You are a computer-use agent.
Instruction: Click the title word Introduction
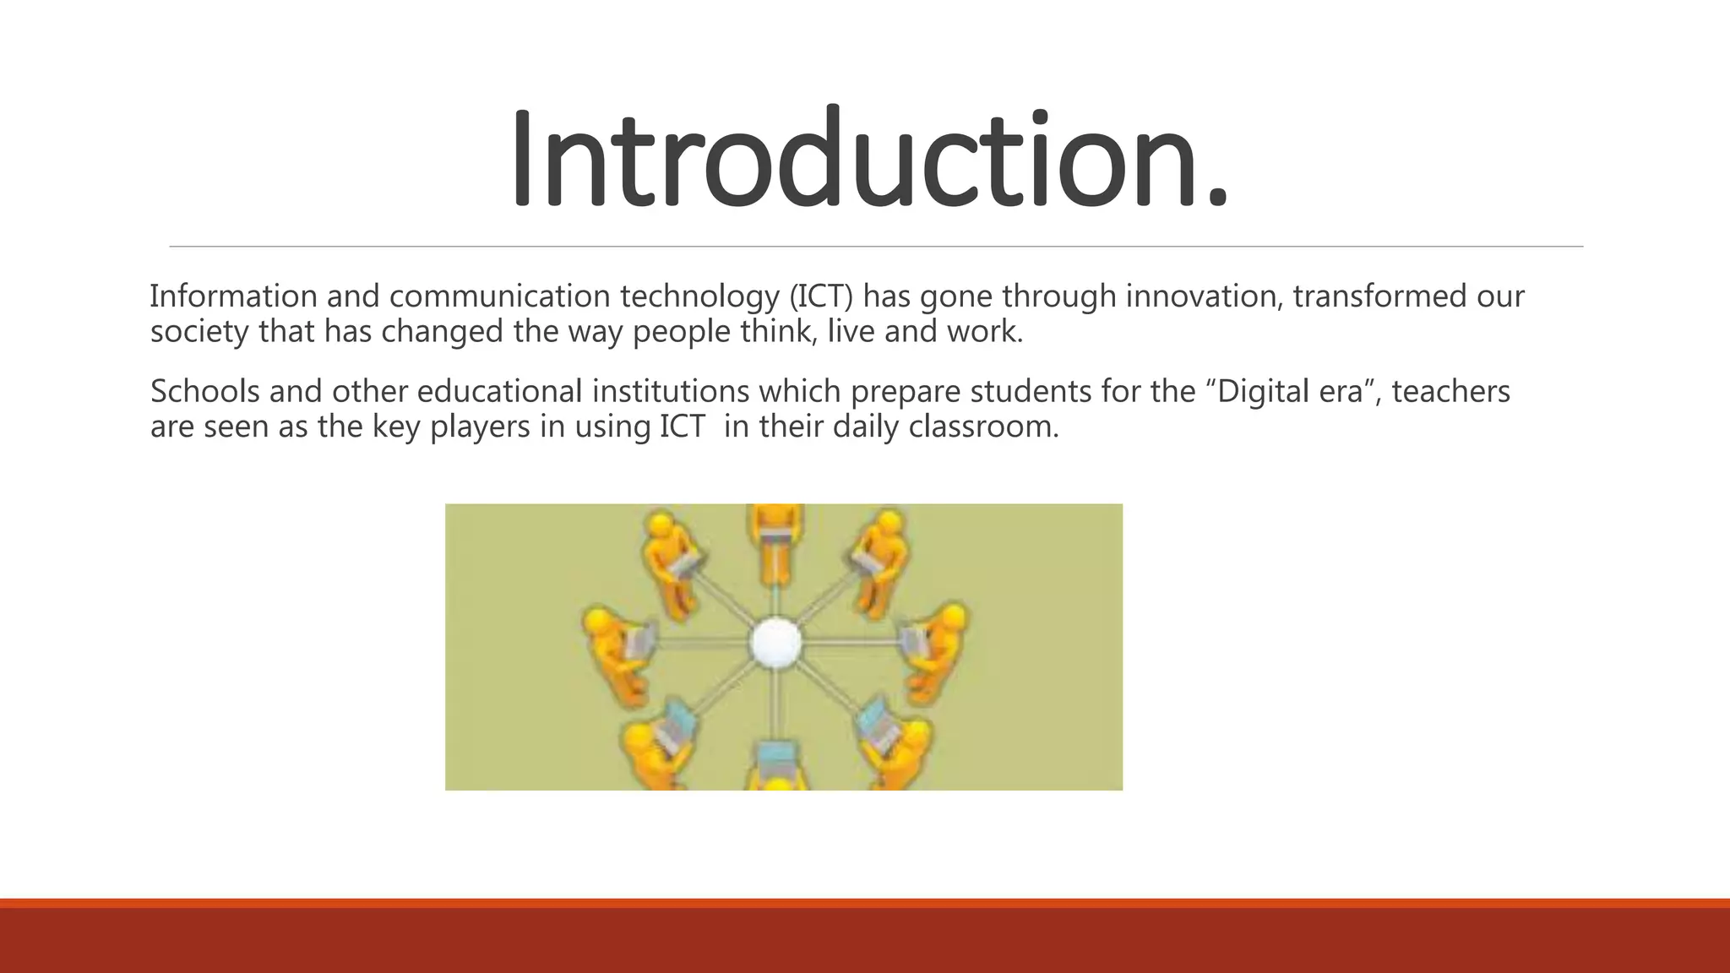point(868,158)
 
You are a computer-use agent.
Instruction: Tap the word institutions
point(670,391)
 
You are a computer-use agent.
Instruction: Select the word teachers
point(1450,391)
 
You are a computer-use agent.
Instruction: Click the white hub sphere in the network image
point(775,643)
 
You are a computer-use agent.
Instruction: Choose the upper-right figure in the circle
point(879,557)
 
